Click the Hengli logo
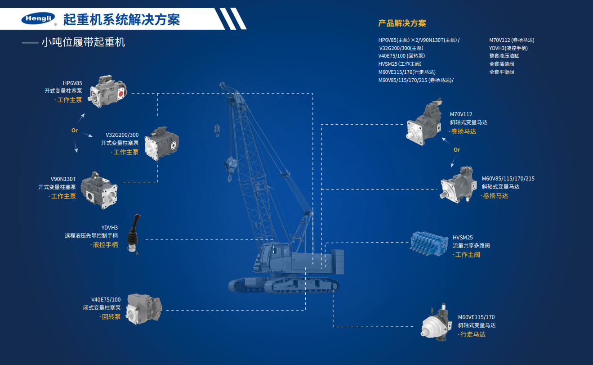tap(38, 19)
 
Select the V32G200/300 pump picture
tap(161, 143)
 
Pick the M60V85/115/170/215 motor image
tap(458, 185)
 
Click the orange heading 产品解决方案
tap(402, 23)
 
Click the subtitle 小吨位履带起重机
tap(83, 43)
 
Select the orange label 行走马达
tap(473, 334)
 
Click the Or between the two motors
tap(457, 150)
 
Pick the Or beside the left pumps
tap(75, 131)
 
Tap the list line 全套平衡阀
tap(501, 72)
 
